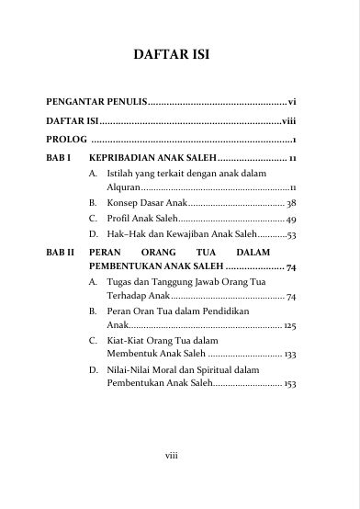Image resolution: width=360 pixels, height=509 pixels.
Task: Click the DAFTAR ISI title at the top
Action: click(173, 54)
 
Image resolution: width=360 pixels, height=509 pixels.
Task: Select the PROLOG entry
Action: click(64, 140)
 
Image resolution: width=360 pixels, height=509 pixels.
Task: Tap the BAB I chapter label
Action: click(59, 159)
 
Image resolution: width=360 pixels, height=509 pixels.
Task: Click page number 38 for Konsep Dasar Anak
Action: click(290, 202)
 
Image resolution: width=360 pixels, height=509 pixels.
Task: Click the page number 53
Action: click(291, 235)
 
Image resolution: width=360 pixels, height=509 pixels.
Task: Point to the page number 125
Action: click(289, 325)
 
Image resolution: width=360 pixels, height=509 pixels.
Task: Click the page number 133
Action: click(289, 354)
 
